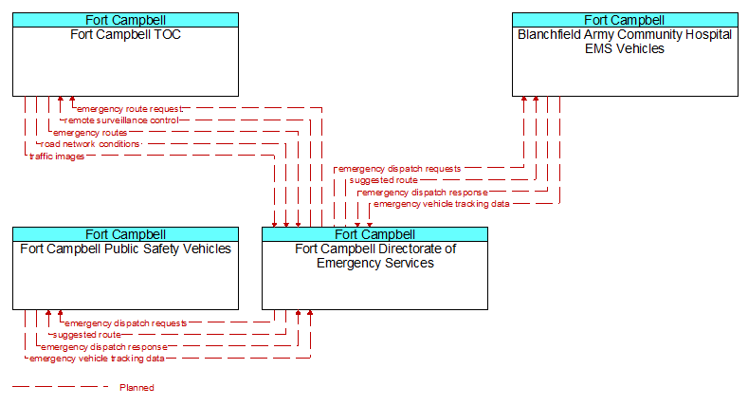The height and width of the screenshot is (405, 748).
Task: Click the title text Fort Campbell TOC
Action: coord(125,35)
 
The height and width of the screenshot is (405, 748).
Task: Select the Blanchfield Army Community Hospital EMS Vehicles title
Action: coord(625,42)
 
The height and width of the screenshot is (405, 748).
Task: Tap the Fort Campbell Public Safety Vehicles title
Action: coord(125,249)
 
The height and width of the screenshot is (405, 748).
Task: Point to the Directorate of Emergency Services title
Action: coord(375,256)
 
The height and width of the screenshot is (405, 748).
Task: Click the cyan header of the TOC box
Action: coord(125,20)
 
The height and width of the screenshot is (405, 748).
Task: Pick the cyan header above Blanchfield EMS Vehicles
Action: coord(625,20)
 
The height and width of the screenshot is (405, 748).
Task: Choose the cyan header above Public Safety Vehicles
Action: coord(125,234)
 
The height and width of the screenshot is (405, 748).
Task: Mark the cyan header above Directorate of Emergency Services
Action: coord(375,234)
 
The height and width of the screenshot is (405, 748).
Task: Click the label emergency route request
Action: coord(130,109)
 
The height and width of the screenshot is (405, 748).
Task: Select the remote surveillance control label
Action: coord(121,120)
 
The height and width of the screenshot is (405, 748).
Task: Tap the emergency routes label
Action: coord(90,133)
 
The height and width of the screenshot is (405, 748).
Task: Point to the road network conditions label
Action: coord(90,144)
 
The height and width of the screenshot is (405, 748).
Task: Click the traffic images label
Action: coord(57,156)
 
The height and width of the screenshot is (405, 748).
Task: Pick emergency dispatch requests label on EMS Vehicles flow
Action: coord(400,169)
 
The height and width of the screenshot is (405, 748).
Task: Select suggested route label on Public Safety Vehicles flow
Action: coord(87,335)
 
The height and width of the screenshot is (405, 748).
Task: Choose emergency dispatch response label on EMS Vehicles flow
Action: coord(425,193)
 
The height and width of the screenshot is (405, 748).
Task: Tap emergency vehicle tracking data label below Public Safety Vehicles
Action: coord(97,359)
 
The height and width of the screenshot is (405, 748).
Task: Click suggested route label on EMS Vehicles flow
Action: coord(384,180)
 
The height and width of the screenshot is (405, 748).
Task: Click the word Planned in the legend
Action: coord(137,387)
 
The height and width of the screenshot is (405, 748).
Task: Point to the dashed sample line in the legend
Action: coord(60,386)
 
